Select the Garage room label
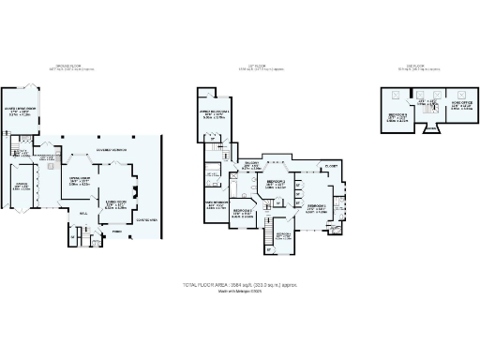(20, 186)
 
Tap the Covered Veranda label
(112, 149)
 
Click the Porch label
(116, 231)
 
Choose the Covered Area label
(147, 220)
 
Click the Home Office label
(461, 106)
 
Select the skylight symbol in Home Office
(462, 93)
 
